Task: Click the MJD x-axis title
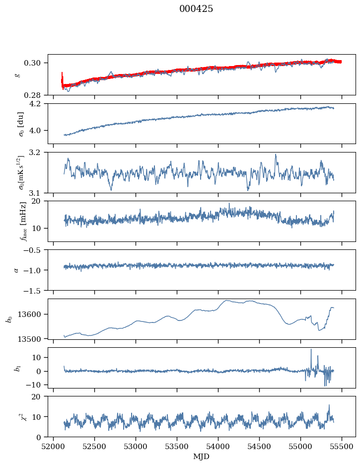(201, 457)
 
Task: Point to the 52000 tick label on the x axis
(54, 446)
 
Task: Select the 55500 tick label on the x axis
(341, 446)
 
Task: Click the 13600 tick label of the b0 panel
(33, 314)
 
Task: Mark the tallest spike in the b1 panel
(311, 350)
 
